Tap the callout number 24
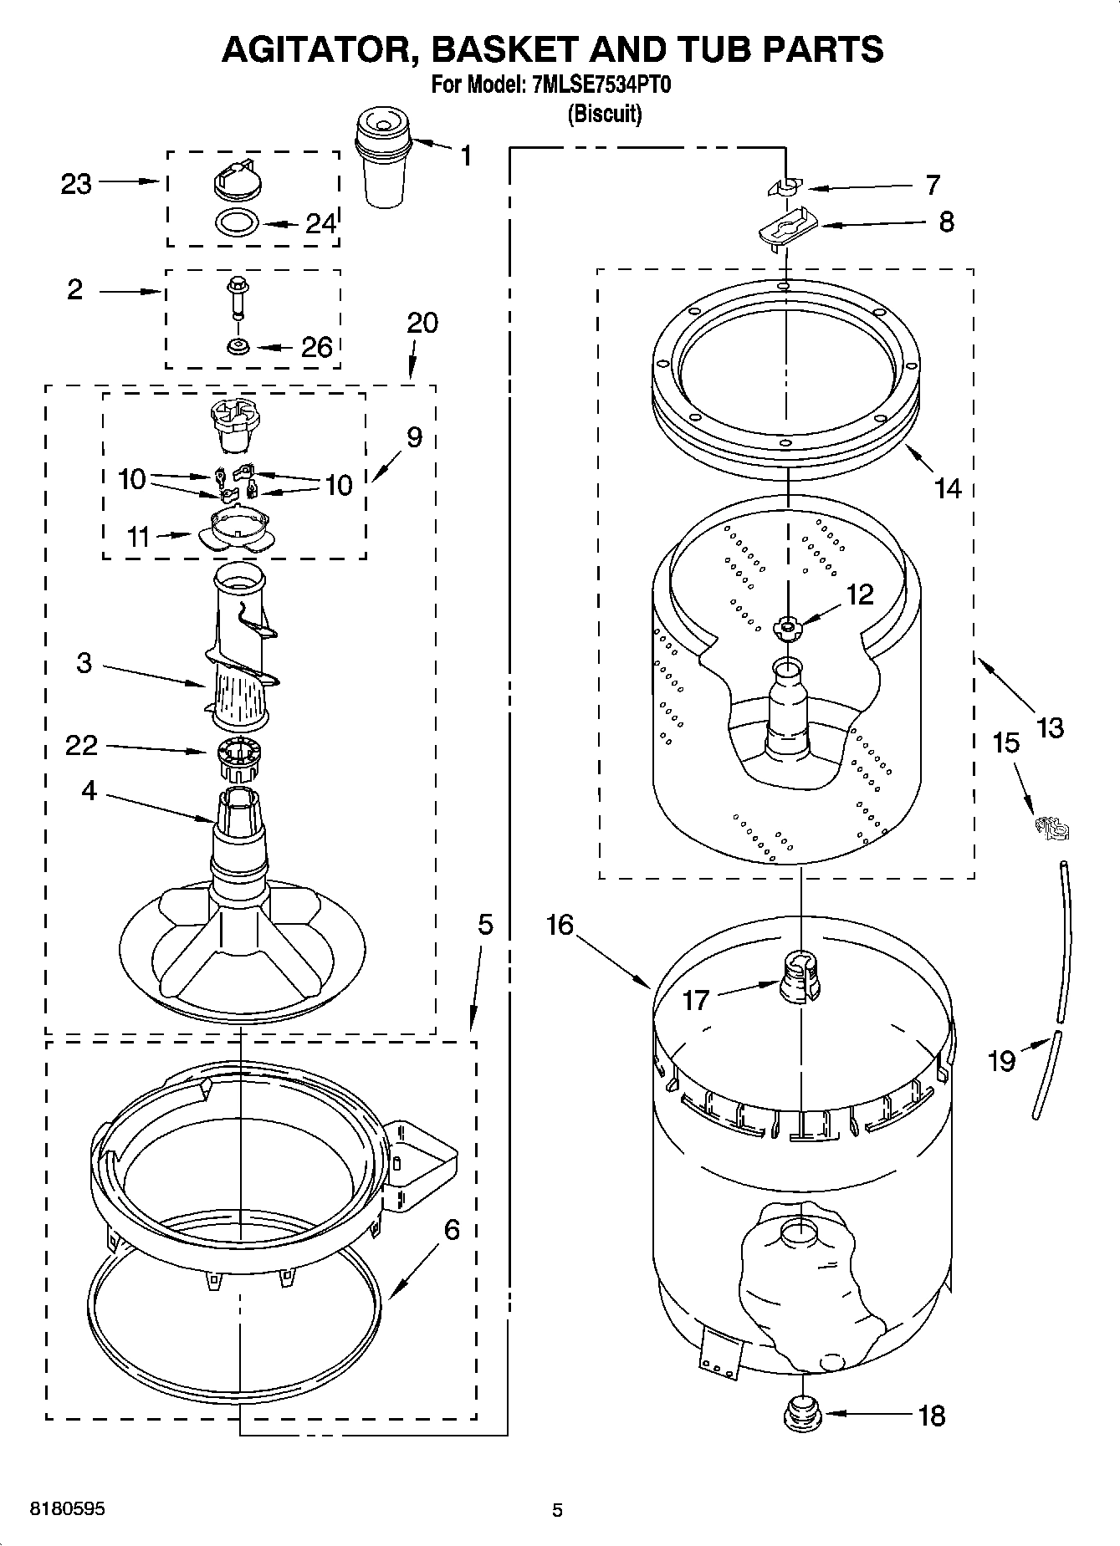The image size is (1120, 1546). pos(320,223)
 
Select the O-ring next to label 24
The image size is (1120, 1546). pos(237,223)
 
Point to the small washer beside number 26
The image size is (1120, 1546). pos(238,345)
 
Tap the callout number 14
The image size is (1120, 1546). pos(948,487)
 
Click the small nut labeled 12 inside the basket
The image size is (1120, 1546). pos(786,627)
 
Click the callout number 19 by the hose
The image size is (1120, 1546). pos(1001,1060)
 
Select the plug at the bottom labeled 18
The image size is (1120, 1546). pos(801,1414)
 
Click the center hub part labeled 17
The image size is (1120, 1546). pos(800,976)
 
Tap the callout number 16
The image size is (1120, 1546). pos(560,925)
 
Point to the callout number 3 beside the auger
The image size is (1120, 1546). pos(84,663)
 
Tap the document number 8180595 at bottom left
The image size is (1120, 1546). pos(67,1509)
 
